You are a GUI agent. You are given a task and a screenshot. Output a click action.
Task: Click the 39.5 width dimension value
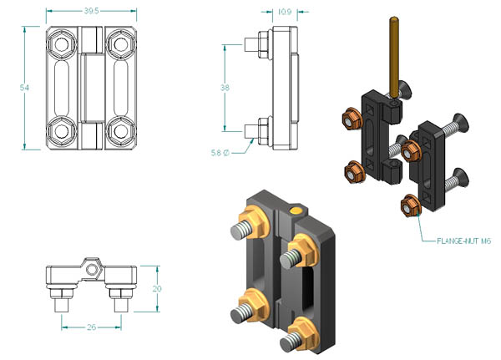click(91, 11)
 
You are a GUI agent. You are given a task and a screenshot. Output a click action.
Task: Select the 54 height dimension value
click(24, 88)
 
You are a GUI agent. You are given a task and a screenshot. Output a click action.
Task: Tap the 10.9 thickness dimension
click(285, 12)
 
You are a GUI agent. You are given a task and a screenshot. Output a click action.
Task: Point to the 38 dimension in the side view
click(225, 88)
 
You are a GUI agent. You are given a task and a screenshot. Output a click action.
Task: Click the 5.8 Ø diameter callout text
click(220, 153)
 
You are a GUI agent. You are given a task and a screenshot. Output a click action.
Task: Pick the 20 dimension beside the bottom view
click(157, 289)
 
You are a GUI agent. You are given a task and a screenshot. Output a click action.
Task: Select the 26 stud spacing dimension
click(91, 327)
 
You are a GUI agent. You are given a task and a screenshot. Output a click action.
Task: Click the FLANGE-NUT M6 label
click(463, 241)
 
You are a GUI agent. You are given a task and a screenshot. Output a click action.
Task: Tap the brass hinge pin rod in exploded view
click(395, 58)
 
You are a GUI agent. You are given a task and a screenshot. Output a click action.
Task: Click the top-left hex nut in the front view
click(62, 44)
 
